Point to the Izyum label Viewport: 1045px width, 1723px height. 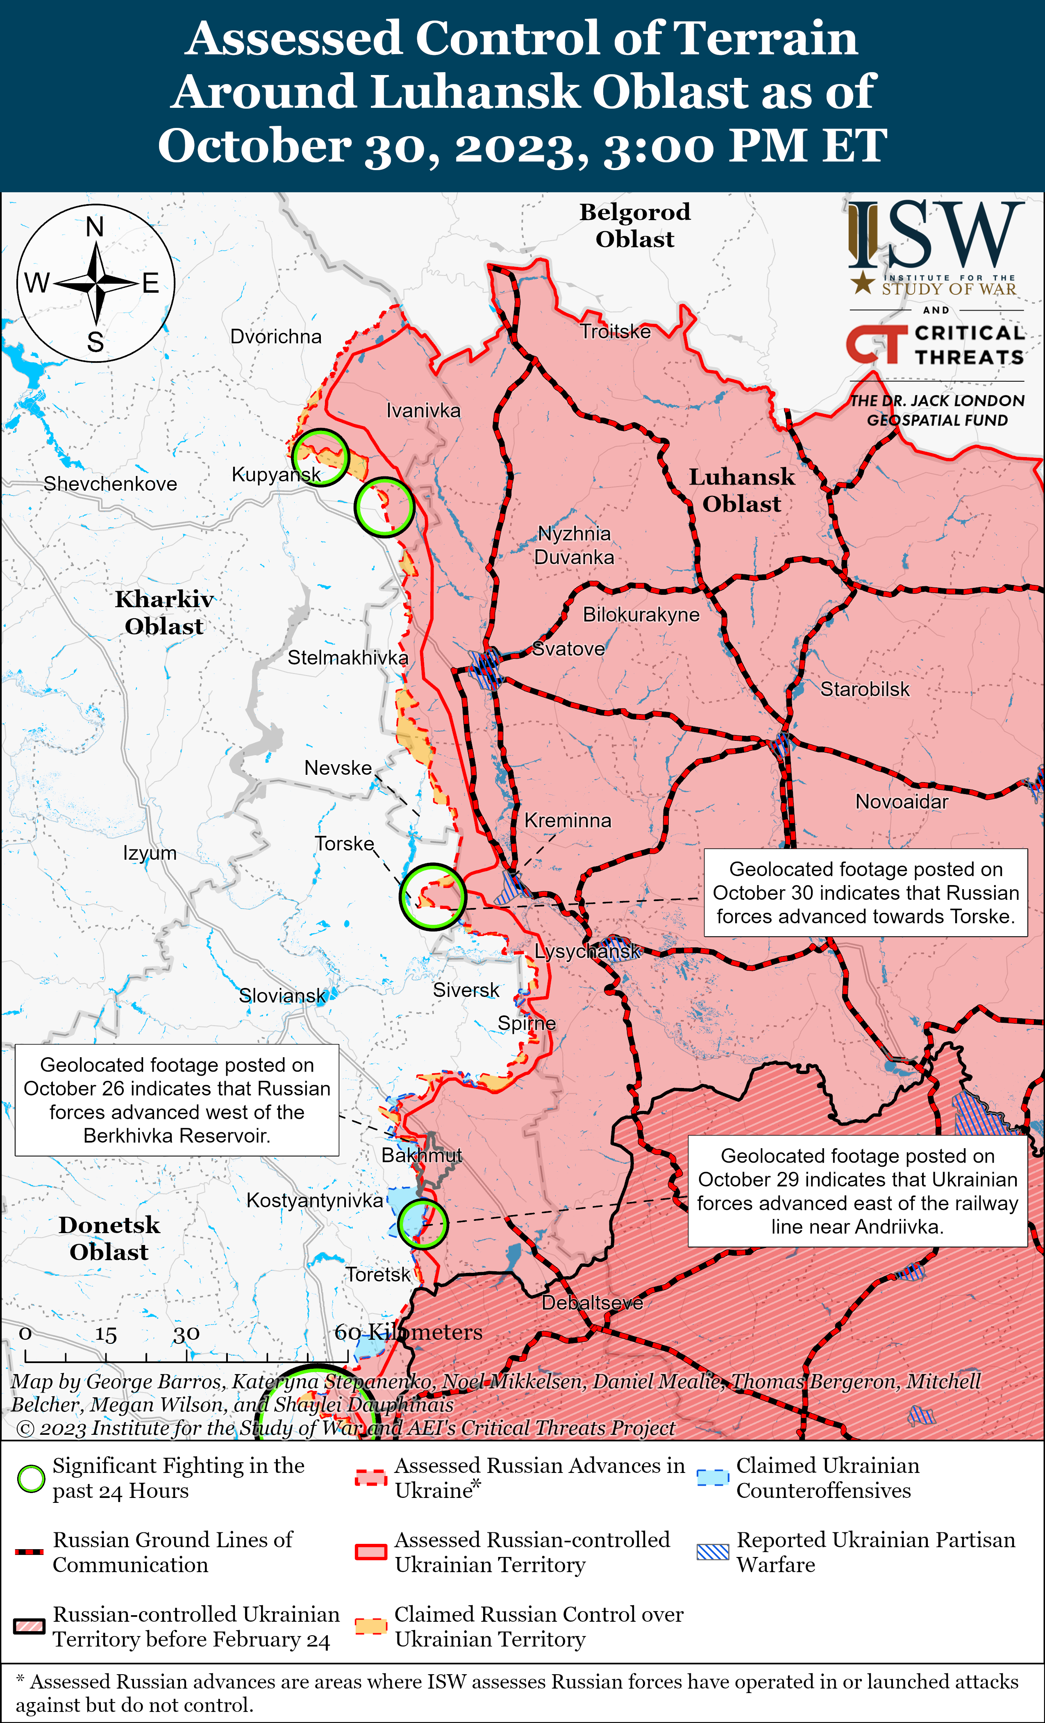point(150,853)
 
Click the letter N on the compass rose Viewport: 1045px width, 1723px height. point(95,227)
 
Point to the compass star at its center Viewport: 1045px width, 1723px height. point(96,283)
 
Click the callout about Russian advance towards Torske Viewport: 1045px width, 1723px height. point(866,892)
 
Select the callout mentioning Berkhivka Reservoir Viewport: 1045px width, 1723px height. point(177,1100)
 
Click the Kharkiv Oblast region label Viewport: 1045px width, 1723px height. point(164,612)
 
